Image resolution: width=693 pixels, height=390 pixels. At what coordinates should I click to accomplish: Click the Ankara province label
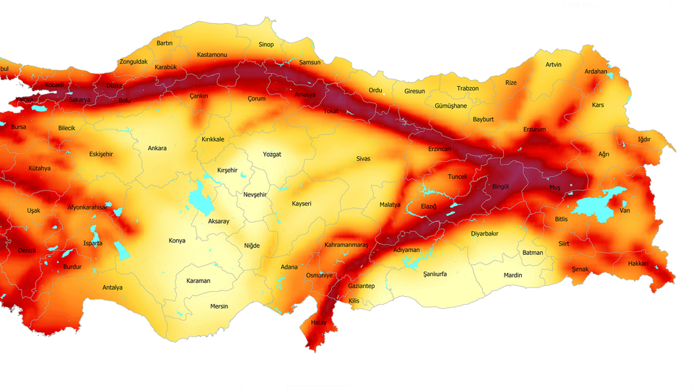click(157, 149)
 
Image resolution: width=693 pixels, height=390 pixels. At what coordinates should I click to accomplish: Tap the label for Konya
click(177, 240)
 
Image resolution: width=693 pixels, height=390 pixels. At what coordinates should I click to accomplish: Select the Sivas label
click(363, 158)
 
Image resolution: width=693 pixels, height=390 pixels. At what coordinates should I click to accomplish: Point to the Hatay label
click(318, 322)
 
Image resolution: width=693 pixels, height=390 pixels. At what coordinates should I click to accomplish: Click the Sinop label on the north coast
click(266, 45)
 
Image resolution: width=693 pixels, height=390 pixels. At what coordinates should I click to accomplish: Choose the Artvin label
click(554, 65)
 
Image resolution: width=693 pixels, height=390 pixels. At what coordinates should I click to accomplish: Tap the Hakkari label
click(638, 264)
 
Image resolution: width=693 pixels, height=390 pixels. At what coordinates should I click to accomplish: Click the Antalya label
click(112, 287)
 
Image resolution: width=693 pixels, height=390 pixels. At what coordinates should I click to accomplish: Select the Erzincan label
click(439, 149)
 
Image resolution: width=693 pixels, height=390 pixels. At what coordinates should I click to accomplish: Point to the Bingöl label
click(500, 186)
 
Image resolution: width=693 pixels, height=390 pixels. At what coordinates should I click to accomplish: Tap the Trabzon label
click(468, 89)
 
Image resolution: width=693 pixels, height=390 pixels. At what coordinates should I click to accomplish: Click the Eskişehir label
click(101, 155)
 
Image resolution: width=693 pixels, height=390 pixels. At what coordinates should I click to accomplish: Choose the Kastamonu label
click(212, 55)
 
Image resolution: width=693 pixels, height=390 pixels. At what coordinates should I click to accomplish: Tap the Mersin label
click(219, 306)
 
